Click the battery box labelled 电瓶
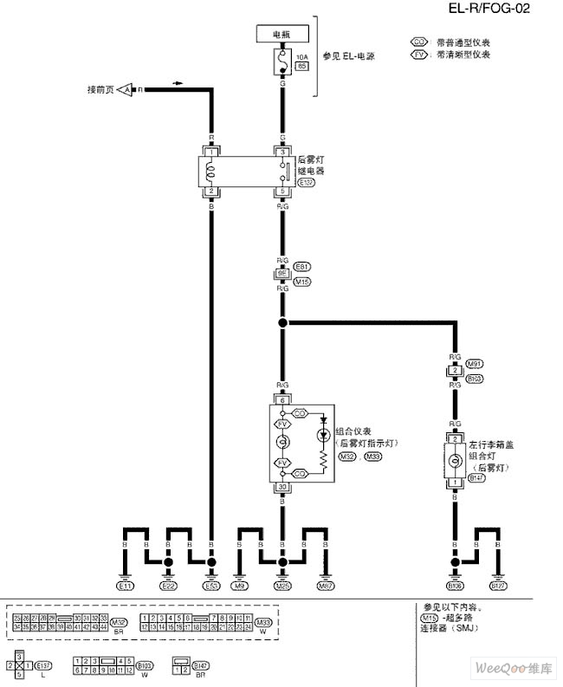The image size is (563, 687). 282,34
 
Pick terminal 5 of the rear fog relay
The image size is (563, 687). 281,191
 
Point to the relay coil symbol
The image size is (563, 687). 210,171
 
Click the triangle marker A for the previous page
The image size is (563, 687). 126,90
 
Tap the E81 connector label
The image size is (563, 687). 302,266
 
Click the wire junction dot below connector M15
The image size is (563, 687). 281,323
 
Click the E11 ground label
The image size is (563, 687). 126,587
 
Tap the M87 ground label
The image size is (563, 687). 326,587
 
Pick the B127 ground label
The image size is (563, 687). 498,587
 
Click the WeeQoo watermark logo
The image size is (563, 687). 512,670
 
